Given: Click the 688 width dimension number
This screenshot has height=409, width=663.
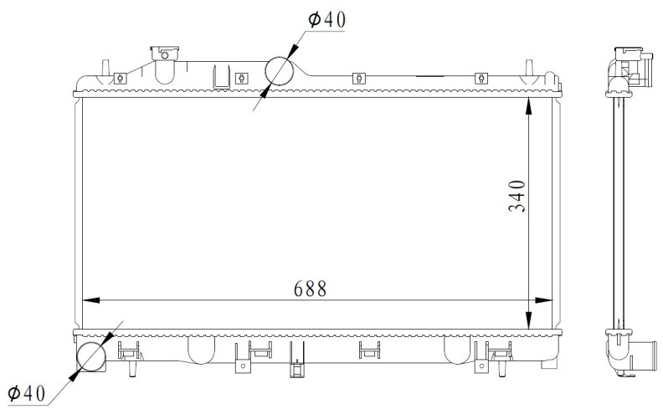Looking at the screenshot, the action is tap(310, 289).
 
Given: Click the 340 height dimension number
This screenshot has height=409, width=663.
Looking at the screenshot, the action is tap(517, 196).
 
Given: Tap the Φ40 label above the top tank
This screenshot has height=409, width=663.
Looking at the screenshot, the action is tap(326, 19).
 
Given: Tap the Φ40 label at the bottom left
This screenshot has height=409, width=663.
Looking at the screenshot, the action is tap(26, 393).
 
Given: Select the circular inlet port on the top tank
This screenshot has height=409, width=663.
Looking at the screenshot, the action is tap(279, 70).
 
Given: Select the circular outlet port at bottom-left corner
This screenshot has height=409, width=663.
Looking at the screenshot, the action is tap(91, 356).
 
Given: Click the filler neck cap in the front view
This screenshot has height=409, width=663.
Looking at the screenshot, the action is tap(164, 53).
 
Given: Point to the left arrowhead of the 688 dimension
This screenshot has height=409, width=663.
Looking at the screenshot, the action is tap(91, 300).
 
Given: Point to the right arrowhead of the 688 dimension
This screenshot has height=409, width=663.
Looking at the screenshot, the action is tap(543, 300).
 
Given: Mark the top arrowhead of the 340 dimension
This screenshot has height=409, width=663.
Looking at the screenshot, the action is tap(528, 106).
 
